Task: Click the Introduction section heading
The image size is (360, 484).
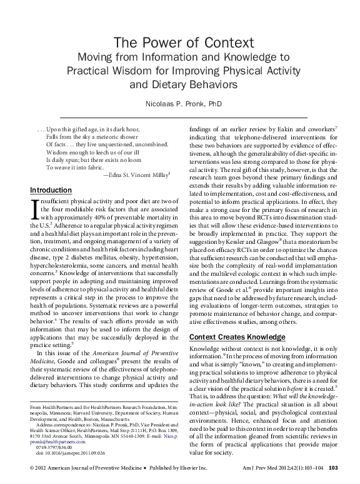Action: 51,190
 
